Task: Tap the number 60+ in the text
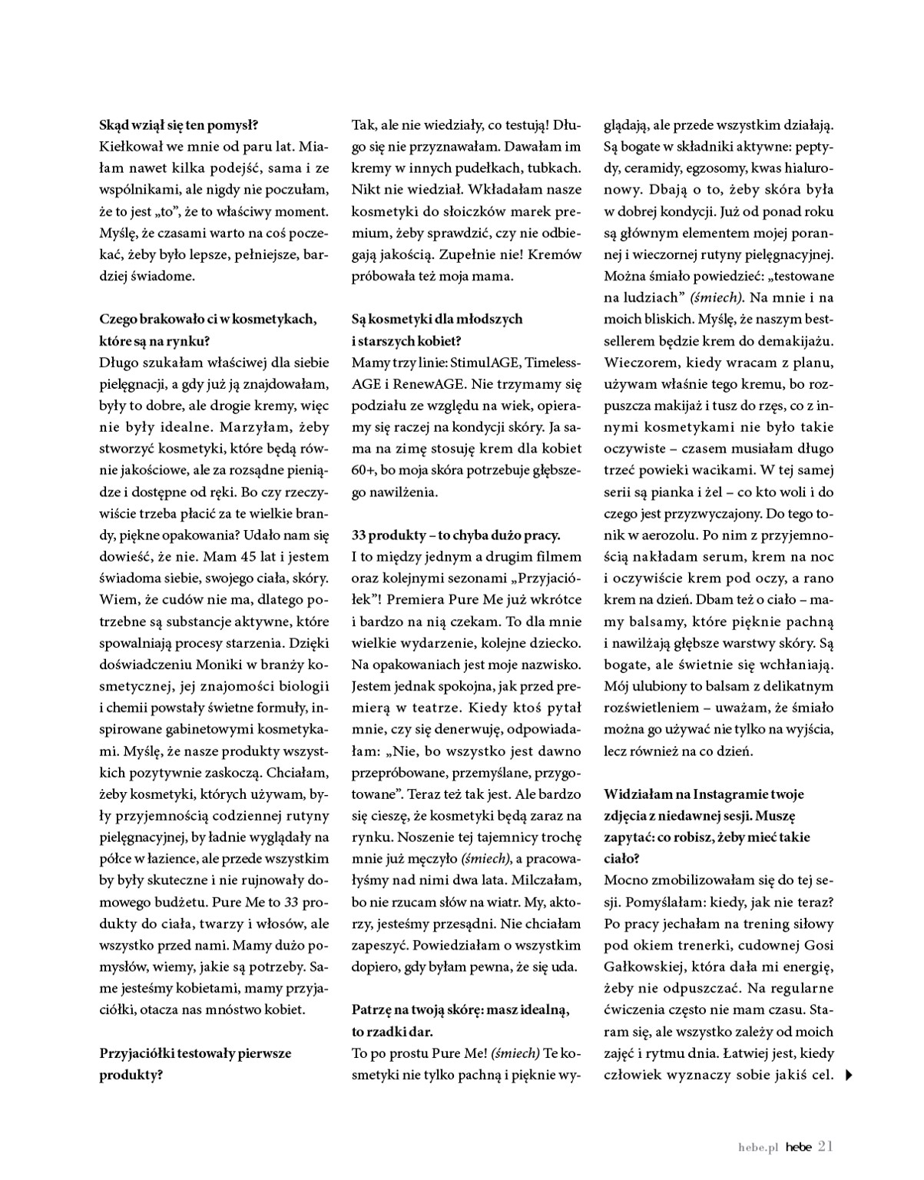tap(366, 468)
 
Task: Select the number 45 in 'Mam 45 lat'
tap(240, 556)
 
